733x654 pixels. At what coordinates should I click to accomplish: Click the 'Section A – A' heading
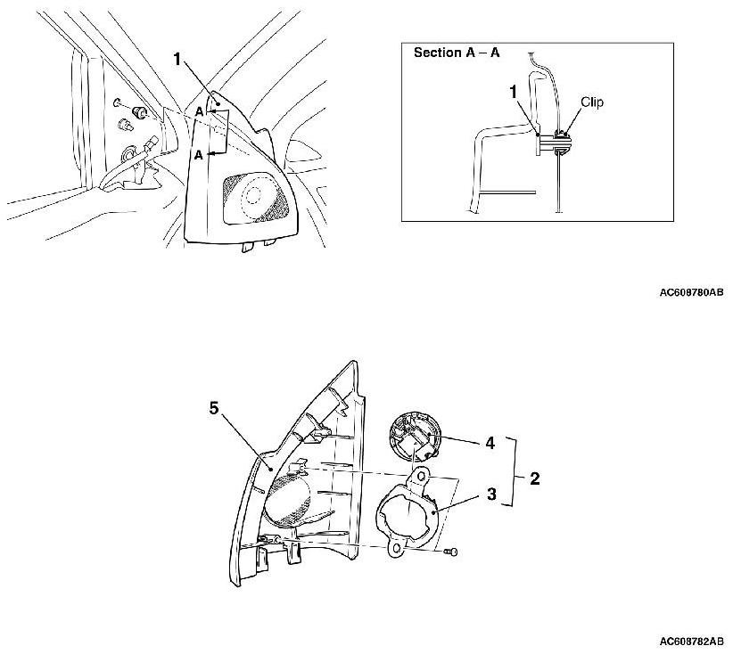point(457,53)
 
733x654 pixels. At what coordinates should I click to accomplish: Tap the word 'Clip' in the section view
point(591,102)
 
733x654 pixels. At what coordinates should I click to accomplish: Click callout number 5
point(213,408)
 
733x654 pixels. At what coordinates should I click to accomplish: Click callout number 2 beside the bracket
point(534,478)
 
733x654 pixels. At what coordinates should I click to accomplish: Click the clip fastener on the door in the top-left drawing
point(138,111)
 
